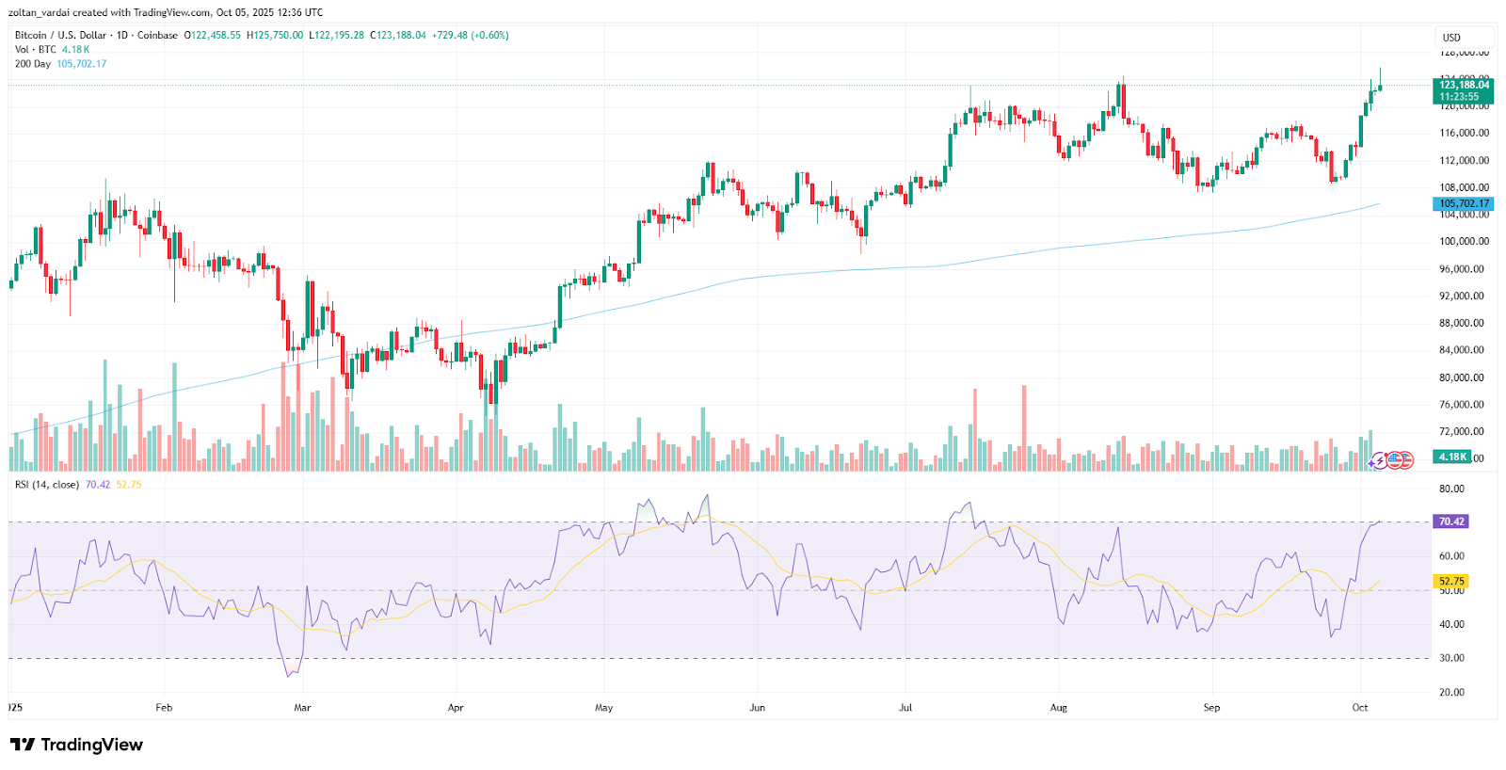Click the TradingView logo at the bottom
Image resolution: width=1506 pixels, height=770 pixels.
(x=77, y=745)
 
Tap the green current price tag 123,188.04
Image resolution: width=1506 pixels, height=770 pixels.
(x=1464, y=90)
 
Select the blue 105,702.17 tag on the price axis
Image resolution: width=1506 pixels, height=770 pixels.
(x=1464, y=203)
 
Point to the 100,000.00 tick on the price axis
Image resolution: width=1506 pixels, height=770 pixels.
(x=1464, y=242)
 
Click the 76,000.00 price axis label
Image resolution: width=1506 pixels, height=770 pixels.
(x=1464, y=405)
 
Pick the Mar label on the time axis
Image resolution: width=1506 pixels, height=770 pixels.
(x=302, y=708)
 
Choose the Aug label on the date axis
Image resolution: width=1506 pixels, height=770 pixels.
(x=1059, y=708)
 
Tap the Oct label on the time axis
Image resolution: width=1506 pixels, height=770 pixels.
(x=1360, y=708)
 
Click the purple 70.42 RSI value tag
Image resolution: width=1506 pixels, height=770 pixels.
(x=1450, y=521)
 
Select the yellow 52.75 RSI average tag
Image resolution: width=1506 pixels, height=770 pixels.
(x=1451, y=581)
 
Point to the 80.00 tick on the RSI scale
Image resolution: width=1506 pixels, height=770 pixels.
(x=1451, y=489)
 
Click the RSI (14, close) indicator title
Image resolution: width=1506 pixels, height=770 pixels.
(x=47, y=485)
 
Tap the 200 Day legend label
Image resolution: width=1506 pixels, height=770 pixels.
(x=33, y=64)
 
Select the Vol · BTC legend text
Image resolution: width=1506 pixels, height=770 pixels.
(x=36, y=50)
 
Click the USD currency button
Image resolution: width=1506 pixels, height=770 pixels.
(x=1452, y=38)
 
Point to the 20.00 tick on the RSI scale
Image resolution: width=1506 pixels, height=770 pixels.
(x=1451, y=692)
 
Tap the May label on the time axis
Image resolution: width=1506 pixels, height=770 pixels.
(x=604, y=708)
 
